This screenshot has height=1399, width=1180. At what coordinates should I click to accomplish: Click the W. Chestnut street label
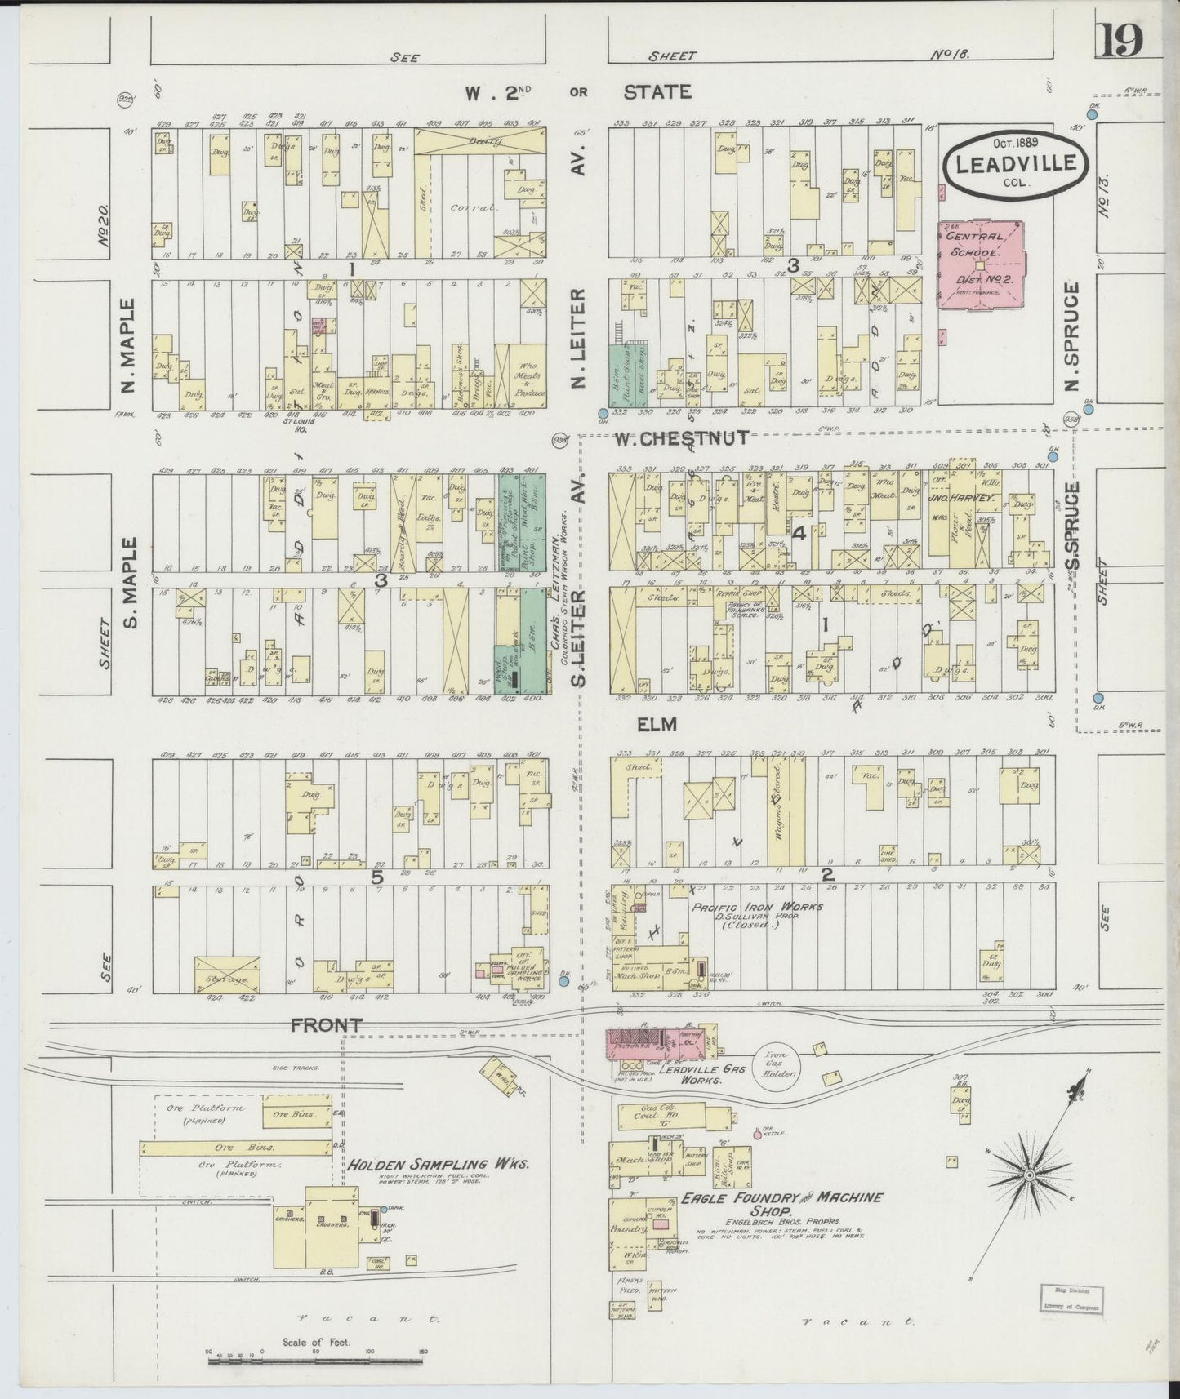coord(682,438)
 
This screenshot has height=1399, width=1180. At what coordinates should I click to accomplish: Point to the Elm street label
coord(658,724)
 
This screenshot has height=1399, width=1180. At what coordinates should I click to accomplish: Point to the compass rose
coord(1029,1175)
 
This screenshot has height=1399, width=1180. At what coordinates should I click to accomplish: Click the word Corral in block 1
coord(463,208)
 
